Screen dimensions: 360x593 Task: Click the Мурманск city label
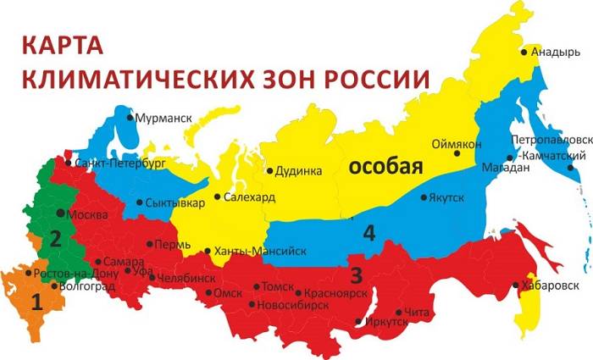coord(164,119)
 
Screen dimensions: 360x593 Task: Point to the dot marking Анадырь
coord(524,52)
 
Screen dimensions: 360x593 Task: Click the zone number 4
coord(369,232)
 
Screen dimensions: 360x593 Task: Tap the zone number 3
coord(356,274)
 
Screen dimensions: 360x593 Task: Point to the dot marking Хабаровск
coord(518,285)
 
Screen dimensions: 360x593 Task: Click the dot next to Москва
coord(60,213)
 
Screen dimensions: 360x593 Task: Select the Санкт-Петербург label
coord(119,161)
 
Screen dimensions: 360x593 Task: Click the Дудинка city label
coord(299,171)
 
